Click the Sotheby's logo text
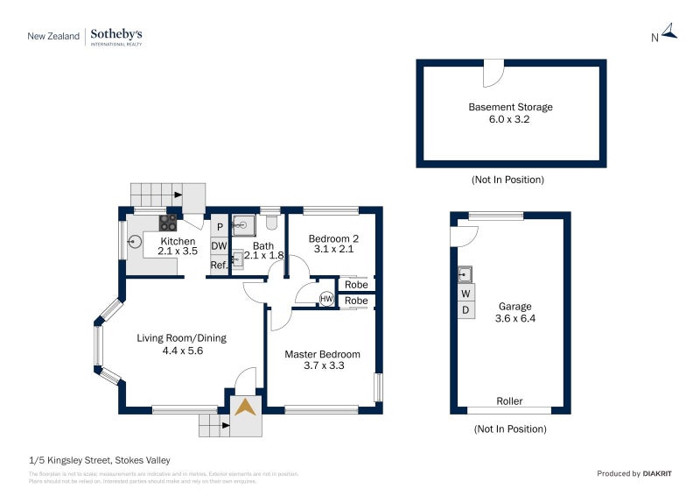(116, 34)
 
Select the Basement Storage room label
(510, 107)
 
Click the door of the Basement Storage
(494, 72)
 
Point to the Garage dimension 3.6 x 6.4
(515, 319)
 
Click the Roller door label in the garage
(509, 401)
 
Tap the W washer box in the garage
(465, 294)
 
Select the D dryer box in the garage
(465, 310)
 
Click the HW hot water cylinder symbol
(326, 300)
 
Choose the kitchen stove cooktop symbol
(167, 222)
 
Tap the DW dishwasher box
(219, 246)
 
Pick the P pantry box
(219, 227)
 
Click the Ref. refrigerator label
(219, 265)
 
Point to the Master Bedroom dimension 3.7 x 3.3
(322, 366)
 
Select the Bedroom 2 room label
(334, 238)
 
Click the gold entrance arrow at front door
(247, 407)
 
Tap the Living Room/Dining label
(182, 338)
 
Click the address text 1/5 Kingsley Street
(99, 460)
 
